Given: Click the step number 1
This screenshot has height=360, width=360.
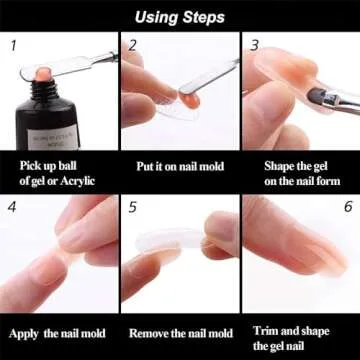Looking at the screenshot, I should pyautogui.click(x=13, y=46).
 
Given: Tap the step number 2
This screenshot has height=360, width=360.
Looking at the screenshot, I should pyautogui.click(x=132, y=46).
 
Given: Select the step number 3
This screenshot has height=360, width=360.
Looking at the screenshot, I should pyautogui.click(x=254, y=46).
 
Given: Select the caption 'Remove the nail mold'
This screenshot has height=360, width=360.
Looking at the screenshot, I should pyautogui.click(x=180, y=333).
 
